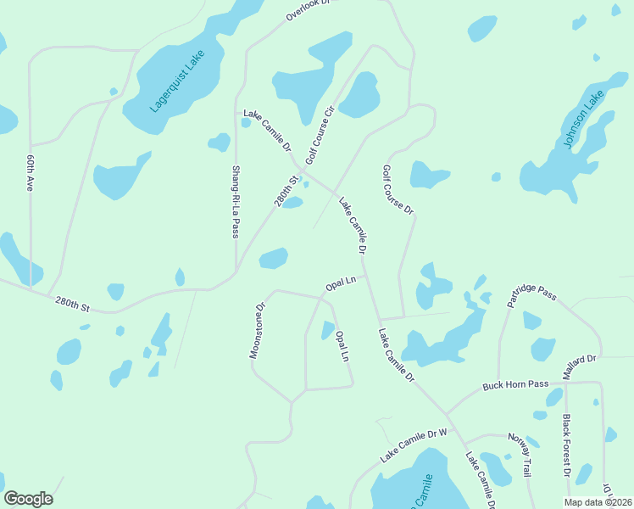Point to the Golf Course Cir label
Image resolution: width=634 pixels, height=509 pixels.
point(321,134)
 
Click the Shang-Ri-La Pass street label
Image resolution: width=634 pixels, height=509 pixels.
point(236,201)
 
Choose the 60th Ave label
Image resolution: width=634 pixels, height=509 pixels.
point(30,172)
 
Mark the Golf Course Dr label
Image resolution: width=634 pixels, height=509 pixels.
point(397,189)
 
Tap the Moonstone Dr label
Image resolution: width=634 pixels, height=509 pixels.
point(258,331)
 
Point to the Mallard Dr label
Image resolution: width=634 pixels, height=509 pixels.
point(580,367)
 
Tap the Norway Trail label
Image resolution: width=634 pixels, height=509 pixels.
point(520,454)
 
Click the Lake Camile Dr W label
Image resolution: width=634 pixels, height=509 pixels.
point(413,445)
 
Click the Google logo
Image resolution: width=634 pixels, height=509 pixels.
point(28,499)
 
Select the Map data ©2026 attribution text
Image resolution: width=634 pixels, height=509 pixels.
point(598,502)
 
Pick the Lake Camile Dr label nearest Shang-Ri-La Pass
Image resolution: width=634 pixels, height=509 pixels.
point(267,131)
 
